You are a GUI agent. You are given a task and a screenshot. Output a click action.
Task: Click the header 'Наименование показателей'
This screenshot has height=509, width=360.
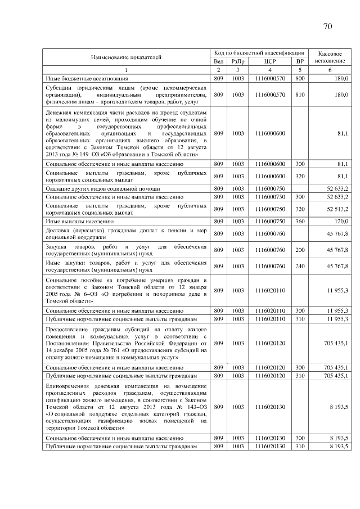[x=126, y=57]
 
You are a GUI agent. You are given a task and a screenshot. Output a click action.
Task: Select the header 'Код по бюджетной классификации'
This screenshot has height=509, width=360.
[x=259, y=52]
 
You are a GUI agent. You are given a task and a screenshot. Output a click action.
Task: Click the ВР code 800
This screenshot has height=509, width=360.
[x=300, y=78]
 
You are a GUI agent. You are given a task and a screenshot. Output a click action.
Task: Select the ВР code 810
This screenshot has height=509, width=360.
[x=300, y=95]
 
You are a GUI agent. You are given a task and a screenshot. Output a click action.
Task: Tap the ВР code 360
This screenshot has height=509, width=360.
[x=300, y=221]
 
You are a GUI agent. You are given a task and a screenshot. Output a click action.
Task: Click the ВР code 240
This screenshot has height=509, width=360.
[x=300, y=266]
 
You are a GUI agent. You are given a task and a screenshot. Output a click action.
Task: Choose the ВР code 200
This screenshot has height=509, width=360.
[x=300, y=250]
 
